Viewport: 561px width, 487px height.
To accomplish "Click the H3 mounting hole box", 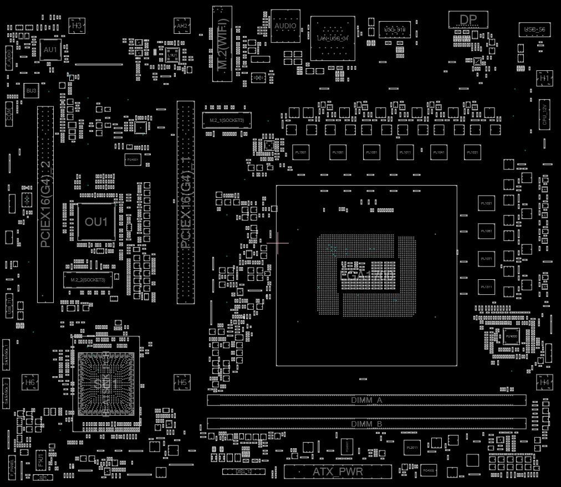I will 76,25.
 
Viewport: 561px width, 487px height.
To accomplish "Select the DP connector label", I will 468,20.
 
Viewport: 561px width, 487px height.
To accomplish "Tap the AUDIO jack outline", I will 285,25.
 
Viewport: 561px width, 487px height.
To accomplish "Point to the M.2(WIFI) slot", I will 221,43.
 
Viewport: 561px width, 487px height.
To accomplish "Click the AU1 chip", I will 50,50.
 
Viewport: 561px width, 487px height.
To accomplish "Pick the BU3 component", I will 31,90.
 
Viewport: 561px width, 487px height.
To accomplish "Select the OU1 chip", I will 96,222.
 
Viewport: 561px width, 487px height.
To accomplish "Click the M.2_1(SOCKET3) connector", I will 227,120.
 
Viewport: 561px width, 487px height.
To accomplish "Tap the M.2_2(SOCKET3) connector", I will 88,280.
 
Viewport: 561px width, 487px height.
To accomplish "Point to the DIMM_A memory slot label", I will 366,400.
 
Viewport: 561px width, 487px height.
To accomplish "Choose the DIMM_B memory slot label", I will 366,424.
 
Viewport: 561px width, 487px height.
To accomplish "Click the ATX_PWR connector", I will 338,472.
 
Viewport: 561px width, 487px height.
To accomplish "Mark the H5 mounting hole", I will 182,382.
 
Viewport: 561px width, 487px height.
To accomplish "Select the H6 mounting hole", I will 30,382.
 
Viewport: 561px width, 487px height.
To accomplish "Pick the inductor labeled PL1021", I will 486,203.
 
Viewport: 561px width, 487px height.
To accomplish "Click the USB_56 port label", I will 534,29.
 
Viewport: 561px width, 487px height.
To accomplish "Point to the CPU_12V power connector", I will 545,115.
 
